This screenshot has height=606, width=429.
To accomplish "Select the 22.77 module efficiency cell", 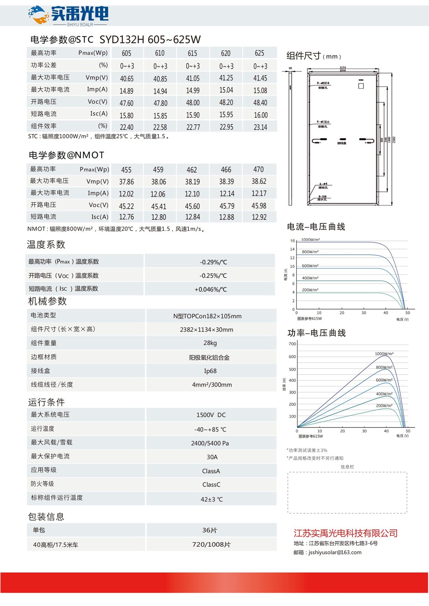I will click(193, 127).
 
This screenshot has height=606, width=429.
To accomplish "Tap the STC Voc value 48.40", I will click(260, 103).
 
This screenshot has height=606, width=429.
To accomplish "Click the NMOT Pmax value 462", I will click(192, 170).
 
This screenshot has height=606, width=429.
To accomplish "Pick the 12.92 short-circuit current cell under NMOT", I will click(259, 217).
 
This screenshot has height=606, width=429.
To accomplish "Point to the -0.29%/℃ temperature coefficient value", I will click(213, 262).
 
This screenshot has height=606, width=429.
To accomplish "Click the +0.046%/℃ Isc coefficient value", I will click(211, 289).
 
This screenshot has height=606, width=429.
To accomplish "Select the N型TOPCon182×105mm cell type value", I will click(207, 316).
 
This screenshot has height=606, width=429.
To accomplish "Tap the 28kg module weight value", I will click(210, 343).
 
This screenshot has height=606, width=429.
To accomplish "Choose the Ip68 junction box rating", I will click(210, 371).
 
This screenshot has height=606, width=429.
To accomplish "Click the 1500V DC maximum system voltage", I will click(211, 415).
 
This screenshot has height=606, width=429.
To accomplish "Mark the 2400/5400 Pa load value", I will click(210, 443).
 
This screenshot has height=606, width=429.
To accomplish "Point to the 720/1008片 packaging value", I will click(211, 545).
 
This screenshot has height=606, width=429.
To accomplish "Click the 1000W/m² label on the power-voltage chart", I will click(384, 354).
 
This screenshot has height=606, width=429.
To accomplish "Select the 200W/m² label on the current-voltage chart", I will click(310, 290).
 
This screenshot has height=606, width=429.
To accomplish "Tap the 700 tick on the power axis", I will click(292, 344).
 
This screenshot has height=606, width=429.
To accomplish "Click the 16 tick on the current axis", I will click(292, 241).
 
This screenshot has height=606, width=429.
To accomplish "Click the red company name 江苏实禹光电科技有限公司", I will click(345, 533).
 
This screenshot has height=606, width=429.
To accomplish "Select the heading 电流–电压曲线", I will click(316, 227).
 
